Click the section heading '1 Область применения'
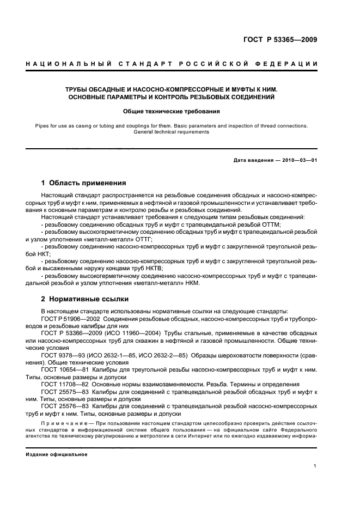(84, 183)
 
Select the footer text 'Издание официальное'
(57, 454)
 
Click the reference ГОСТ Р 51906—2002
(70, 318)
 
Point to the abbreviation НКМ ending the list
(192, 283)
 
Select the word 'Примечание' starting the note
(62, 423)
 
